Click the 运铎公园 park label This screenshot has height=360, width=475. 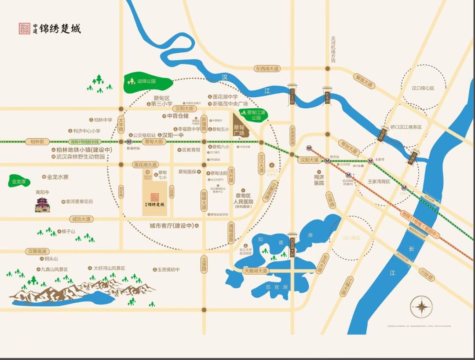(146, 81)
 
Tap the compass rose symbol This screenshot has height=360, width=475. (421, 307)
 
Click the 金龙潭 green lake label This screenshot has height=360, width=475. (19, 181)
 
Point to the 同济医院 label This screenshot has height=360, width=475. (319, 180)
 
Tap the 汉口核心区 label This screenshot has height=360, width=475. (423, 88)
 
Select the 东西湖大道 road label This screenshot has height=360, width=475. (267, 69)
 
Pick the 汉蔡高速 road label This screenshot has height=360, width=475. (37, 251)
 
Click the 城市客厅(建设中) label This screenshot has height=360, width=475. (172, 226)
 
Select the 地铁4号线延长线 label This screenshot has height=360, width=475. (85, 142)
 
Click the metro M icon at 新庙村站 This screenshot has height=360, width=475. (129, 142)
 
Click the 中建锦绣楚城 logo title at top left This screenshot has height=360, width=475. (50, 29)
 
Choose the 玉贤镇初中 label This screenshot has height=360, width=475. (168, 269)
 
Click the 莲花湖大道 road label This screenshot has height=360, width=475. (145, 165)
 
